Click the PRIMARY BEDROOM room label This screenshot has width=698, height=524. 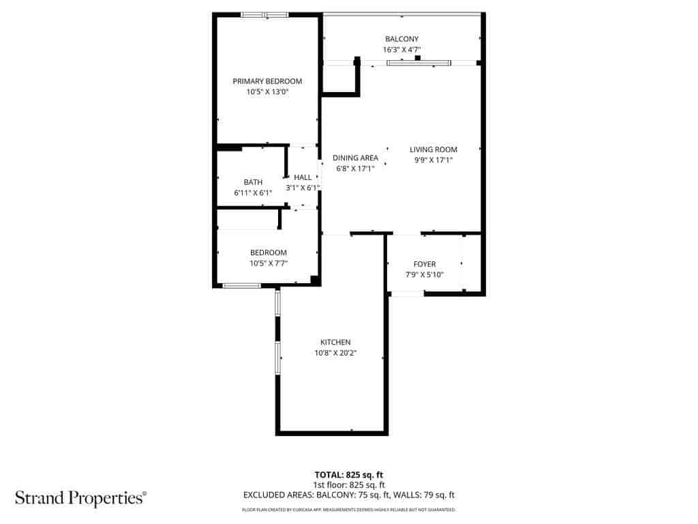(x=267, y=81)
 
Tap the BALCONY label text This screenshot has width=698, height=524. (x=401, y=39)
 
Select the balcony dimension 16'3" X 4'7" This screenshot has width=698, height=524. (x=401, y=49)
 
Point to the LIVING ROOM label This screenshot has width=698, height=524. (x=433, y=149)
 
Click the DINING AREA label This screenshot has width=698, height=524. (x=355, y=158)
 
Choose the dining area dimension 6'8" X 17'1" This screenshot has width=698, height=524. (x=355, y=169)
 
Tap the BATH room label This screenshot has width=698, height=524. (x=253, y=182)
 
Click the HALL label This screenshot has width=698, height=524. (x=303, y=177)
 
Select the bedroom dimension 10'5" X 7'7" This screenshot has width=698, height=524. (x=269, y=263)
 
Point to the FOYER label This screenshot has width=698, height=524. (x=425, y=264)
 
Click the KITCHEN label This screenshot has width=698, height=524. (x=335, y=343)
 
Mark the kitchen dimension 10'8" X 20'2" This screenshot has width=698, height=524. (x=335, y=353)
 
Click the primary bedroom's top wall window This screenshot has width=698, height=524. (x=265, y=15)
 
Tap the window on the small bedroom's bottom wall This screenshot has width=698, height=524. (x=242, y=286)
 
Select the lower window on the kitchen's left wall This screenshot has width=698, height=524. (x=278, y=358)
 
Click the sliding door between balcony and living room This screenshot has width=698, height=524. (x=419, y=63)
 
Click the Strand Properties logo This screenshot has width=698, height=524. (x=81, y=498)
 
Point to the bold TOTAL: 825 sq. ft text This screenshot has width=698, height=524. (x=349, y=475)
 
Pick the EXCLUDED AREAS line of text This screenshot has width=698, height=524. (x=349, y=495)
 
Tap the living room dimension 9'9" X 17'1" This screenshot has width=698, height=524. (x=433, y=160)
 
